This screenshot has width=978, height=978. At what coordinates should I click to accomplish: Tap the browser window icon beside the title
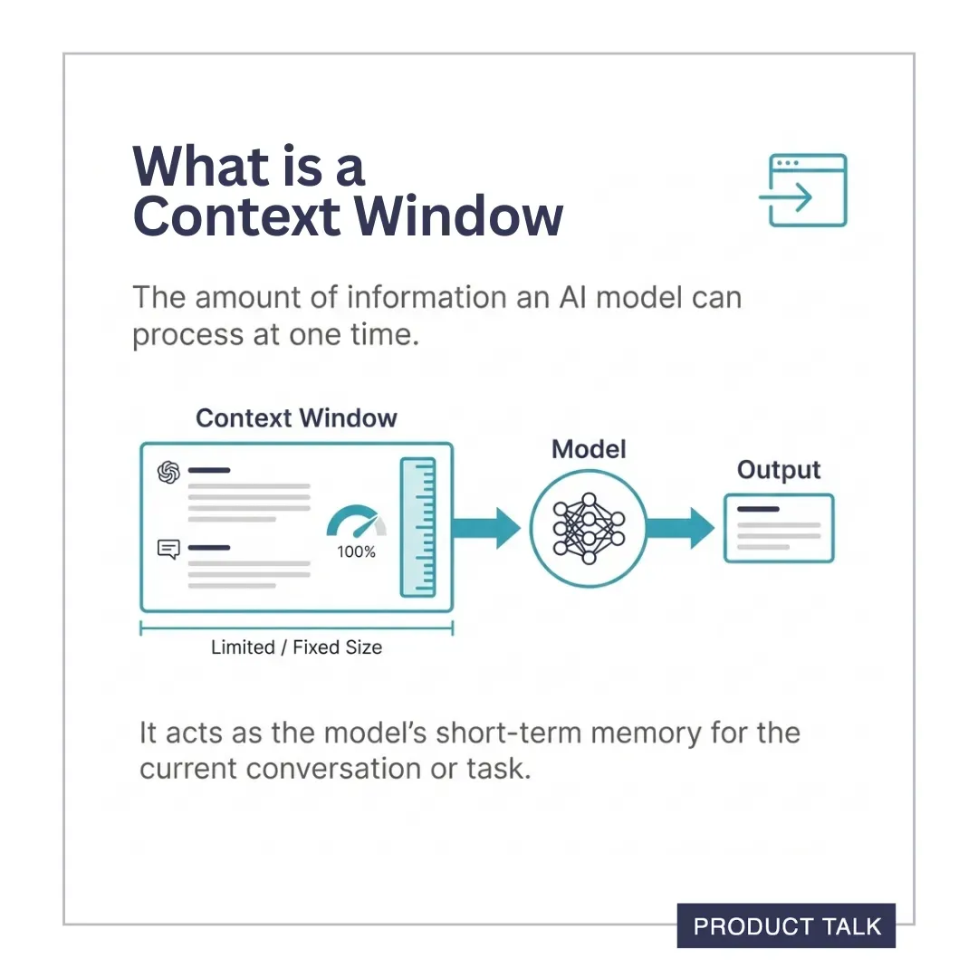[x=802, y=190]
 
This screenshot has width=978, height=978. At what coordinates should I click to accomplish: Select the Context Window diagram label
[x=296, y=418]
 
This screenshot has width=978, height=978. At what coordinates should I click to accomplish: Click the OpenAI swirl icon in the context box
[x=168, y=473]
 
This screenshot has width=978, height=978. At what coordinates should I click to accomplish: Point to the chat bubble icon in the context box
[x=168, y=549]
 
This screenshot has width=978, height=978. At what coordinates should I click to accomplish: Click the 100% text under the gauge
[x=356, y=551]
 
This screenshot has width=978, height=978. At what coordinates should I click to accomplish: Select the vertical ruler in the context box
[x=417, y=527]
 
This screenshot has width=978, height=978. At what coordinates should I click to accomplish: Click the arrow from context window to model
[x=486, y=527]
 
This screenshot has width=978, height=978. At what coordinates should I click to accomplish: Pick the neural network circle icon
[x=589, y=527]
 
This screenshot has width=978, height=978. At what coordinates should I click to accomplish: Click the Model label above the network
[x=589, y=449]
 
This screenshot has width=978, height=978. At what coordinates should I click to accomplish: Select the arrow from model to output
[x=679, y=527]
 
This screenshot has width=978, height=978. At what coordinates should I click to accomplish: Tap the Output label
[x=779, y=470]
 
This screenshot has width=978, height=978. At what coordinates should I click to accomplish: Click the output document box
[x=779, y=528]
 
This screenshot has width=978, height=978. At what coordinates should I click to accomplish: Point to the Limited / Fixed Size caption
[x=296, y=647]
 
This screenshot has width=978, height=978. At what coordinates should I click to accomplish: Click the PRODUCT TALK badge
[x=786, y=925]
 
